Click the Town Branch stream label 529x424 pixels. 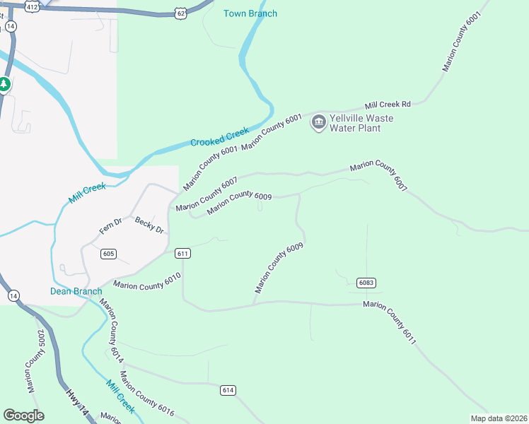pyautogui.click(x=250, y=13)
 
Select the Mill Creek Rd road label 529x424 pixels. pyautogui.click(x=387, y=104)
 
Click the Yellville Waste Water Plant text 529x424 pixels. pyautogui.click(x=356, y=123)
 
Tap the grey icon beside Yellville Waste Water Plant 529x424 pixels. pyautogui.click(x=319, y=123)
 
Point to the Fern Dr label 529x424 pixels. pyautogui.click(x=111, y=227)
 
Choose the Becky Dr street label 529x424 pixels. pyautogui.click(x=149, y=225)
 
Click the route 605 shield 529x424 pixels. pyautogui.click(x=108, y=254)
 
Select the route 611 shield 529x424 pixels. pyautogui.click(x=182, y=254)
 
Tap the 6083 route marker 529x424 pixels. pyautogui.click(x=366, y=283)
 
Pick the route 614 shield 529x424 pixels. pyautogui.click(x=228, y=390)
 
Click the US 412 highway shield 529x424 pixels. pyautogui.click(x=32, y=6)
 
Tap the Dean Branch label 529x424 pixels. pyautogui.click(x=76, y=291)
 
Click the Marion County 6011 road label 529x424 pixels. pyautogui.click(x=390, y=322)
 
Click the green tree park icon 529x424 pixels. pyautogui.click(x=4, y=85)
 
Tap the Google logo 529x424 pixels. pyautogui.click(x=23, y=416)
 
